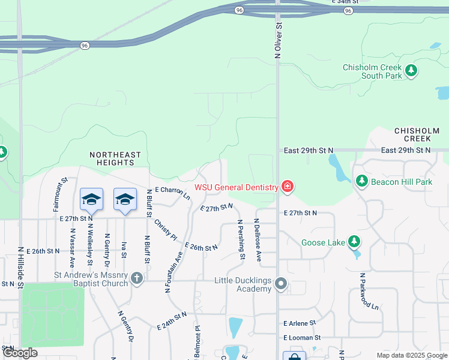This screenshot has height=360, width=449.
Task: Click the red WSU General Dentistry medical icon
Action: pos(288,187)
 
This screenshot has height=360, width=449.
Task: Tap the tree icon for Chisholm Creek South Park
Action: pos(411,71)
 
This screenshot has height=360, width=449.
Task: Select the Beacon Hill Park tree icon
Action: pos(361,181)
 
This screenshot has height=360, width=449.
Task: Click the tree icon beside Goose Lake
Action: pos(354,242)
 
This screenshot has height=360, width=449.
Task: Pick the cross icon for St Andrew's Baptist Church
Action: pos(137,278)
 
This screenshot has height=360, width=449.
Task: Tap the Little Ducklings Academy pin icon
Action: pos(280,284)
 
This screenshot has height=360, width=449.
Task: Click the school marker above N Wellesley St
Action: pos(91,200)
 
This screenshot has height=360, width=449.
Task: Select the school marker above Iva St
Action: pos(124,200)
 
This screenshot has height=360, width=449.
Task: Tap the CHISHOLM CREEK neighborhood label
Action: pos(417,135)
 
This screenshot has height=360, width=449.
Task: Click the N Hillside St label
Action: pos(20,268)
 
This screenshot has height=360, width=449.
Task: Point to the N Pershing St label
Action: pos(241,240)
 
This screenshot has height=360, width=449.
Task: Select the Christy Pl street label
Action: pos(166,229)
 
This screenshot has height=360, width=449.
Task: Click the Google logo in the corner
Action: pos(20,353)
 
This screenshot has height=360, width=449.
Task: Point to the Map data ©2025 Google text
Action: pos(411,355)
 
